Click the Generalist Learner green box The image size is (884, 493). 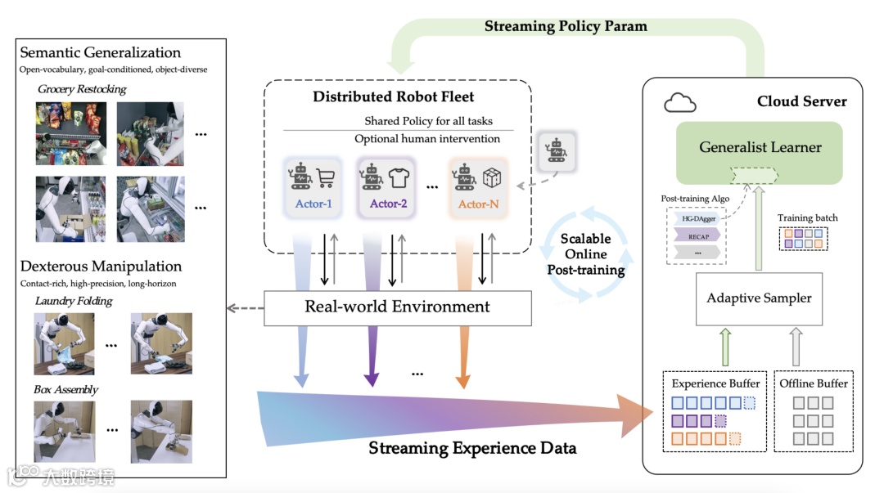(x=760, y=148)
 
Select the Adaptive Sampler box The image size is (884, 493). (x=759, y=298)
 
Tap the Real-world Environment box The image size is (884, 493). (x=397, y=307)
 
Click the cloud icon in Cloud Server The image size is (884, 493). (x=679, y=102)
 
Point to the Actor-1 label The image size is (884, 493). (x=313, y=204)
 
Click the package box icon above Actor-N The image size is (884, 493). (x=492, y=177)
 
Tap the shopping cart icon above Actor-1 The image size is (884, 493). (x=326, y=177)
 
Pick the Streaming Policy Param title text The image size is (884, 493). (x=566, y=26)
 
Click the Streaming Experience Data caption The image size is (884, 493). (x=472, y=448)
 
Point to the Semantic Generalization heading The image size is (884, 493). (x=101, y=53)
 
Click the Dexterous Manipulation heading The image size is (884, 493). (x=101, y=267)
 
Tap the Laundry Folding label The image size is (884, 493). (x=74, y=301)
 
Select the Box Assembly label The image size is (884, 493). (x=65, y=390)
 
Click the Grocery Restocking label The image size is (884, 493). (x=82, y=89)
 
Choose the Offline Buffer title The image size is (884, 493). (x=814, y=383)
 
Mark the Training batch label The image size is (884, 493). (x=808, y=217)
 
